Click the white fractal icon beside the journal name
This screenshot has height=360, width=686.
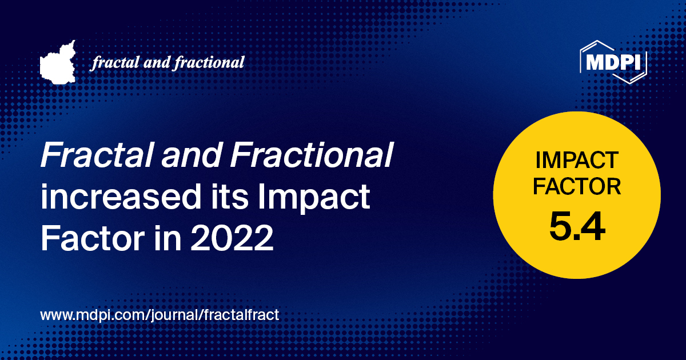[x=58, y=62]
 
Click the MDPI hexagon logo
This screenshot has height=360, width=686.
[x=613, y=62]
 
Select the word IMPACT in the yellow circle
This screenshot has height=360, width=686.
[x=577, y=160]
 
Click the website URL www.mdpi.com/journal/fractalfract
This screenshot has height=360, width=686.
[x=159, y=315]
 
